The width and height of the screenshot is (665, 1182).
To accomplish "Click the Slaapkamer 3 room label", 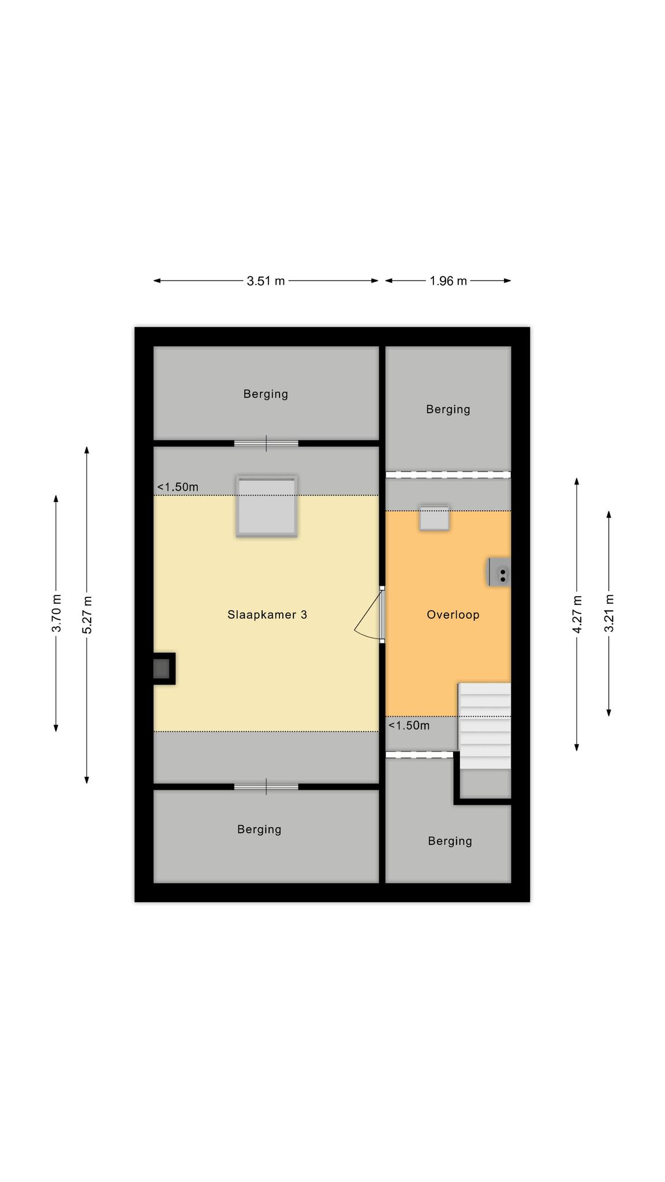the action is coord(267,615).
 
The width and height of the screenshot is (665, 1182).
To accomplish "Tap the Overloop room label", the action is coord(453,615).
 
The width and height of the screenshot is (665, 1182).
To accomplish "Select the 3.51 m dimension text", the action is coord(266,281).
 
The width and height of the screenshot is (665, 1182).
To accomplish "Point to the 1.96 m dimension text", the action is coord(449,281).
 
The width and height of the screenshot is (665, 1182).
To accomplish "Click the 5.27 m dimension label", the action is coord(87,615).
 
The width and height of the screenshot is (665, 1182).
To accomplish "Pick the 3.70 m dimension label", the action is coord(57,613).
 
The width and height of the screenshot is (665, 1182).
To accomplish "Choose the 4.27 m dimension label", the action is coord(577,614).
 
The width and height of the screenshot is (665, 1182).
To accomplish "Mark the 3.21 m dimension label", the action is coord(609,613).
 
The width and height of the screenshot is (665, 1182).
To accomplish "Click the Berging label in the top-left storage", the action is coord(266,394).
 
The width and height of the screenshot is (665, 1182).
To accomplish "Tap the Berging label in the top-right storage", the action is coord(449,410).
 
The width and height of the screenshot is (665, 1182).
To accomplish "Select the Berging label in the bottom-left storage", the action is coord(259,829).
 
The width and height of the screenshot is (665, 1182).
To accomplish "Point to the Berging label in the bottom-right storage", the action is coord(450,841).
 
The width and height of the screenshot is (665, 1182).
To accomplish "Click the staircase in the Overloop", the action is coord(485,726).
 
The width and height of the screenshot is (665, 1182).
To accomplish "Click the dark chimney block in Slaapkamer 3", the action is coord(163,669).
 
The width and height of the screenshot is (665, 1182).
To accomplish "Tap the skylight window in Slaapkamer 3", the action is coord(267,506).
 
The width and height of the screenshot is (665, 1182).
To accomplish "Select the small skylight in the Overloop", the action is coord(434,518).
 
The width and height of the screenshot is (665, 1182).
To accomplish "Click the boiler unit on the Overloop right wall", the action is coord(499,573).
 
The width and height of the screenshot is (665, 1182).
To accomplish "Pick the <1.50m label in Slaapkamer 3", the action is coord(178,487).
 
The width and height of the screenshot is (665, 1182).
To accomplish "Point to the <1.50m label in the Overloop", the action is coord(409,725).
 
